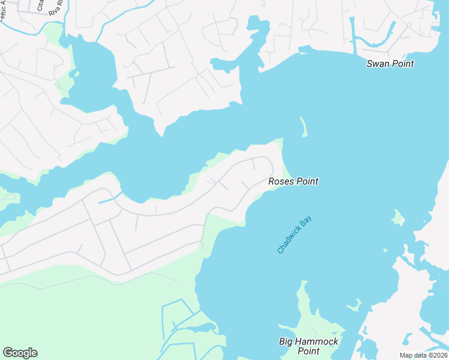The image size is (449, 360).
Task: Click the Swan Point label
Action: (390, 64)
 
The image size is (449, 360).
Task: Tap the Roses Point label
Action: (293, 181)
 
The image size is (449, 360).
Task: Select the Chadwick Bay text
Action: (295, 231)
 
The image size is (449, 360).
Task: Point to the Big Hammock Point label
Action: (309, 346)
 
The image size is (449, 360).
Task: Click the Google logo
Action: (20, 353)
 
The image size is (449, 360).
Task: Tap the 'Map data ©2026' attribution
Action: (423, 355)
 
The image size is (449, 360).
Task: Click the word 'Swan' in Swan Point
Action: (379, 64)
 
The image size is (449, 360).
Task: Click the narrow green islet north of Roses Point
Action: (303, 127)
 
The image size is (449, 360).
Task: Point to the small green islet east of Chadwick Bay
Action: (397, 217)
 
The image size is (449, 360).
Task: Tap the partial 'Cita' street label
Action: (40, 5)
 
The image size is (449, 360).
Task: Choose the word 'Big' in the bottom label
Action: (287, 342)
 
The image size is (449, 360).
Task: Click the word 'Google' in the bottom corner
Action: (20, 353)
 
